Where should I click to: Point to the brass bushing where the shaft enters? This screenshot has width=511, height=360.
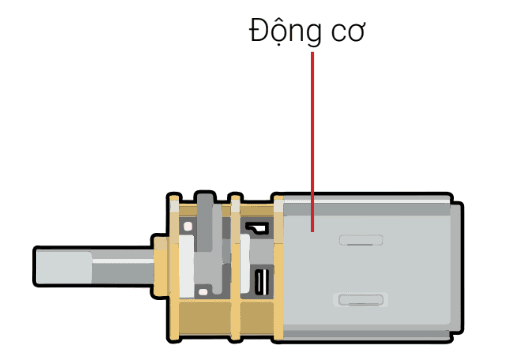click(160, 267)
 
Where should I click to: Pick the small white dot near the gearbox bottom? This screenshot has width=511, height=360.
click(203, 292)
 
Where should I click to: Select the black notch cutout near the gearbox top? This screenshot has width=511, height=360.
click(258, 228)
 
